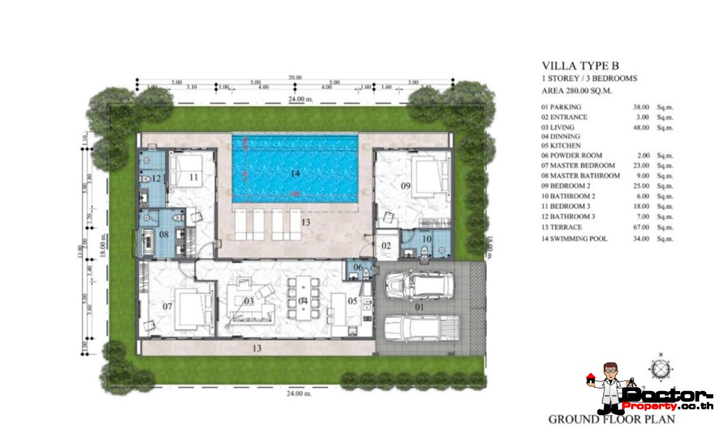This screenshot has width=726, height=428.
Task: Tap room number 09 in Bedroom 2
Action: (406, 185)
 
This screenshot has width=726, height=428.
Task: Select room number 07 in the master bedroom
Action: (167, 307)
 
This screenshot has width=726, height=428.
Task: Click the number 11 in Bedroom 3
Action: (194, 176)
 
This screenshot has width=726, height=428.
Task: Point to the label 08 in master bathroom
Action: (164, 235)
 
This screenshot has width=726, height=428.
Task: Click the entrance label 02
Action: (386, 245)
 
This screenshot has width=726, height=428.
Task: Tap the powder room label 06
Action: (357, 267)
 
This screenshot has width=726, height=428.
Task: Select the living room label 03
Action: (249, 301)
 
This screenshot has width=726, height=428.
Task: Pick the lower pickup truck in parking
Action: (421, 329)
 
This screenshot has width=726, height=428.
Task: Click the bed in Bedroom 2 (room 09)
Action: (424, 175)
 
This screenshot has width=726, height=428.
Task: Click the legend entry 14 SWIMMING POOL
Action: (574, 239)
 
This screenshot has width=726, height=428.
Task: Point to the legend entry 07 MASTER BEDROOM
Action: (578, 166)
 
